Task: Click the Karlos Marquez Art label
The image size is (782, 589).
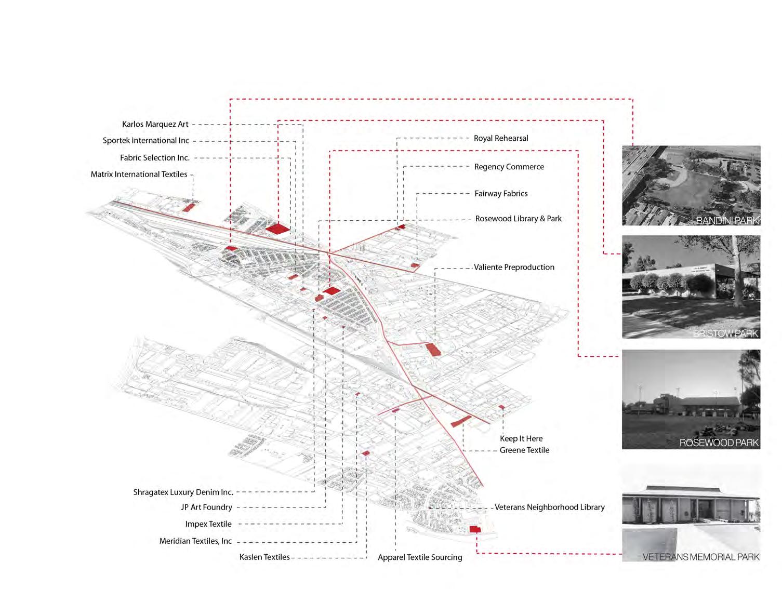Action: point(155,124)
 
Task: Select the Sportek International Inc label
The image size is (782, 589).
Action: point(145,141)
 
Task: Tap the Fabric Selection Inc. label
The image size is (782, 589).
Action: point(154,158)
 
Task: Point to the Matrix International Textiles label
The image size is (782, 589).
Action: point(139,175)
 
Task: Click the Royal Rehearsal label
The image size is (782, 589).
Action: point(501,138)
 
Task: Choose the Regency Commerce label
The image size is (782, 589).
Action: point(509,167)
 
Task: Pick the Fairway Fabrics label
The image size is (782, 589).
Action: point(501,194)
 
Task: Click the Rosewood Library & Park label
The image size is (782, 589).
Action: point(518,219)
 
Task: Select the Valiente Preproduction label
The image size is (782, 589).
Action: point(514,267)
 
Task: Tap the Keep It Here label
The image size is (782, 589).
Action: point(521,438)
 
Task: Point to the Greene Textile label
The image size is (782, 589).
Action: point(524,450)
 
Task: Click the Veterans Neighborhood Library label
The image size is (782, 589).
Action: point(549,507)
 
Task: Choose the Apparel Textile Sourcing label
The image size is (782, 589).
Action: point(420,557)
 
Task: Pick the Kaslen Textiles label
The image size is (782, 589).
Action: point(264,557)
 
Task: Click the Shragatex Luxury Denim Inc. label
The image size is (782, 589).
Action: point(183,492)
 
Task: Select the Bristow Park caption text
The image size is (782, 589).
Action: point(725,333)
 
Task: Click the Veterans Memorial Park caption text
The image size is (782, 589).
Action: point(700,557)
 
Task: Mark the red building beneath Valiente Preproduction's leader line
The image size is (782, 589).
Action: point(433,350)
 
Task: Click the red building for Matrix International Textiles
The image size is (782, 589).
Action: point(188,207)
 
